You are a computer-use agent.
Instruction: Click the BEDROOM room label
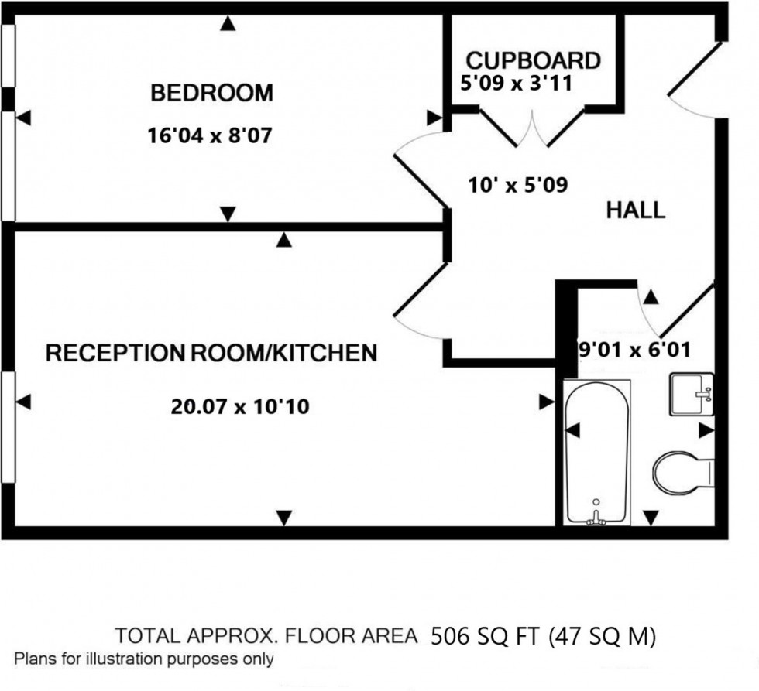pyautogui.click(x=211, y=94)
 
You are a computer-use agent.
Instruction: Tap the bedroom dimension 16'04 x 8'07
pyautogui.click(x=211, y=136)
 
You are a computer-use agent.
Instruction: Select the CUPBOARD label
pyautogui.click(x=533, y=60)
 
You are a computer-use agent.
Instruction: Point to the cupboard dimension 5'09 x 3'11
pyautogui.click(x=516, y=83)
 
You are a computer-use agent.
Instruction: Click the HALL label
pyautogui.click(x=635, y=210)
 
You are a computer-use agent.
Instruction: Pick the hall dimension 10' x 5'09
pyautogui.click(x=518, y=185)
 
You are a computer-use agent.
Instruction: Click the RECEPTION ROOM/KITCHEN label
pyautogui.click(x=211, y=354)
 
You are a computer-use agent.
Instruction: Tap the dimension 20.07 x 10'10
pyautogui.click(x=240, y=405)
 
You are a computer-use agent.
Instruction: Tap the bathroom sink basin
pyautogui.click(x=691, y=395)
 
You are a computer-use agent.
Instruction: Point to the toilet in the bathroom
pyautogui.click(x=682, y=470)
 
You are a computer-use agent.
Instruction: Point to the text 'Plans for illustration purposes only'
pyautogui.click(x=144, y=659)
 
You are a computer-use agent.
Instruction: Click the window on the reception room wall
pyautogui.click(x=9, y=426)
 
